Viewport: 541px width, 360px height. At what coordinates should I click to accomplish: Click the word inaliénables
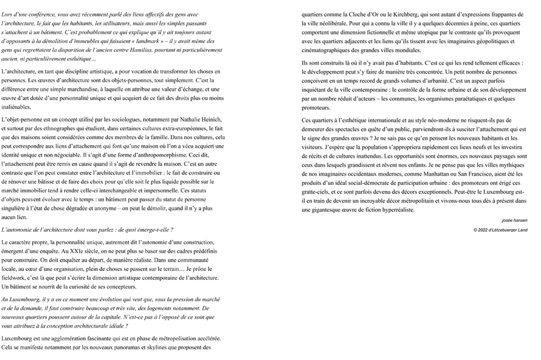click(19, 106)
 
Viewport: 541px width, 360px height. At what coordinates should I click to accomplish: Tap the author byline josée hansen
click(514, 221)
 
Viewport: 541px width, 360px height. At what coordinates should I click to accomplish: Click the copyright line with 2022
click(500, 230)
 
